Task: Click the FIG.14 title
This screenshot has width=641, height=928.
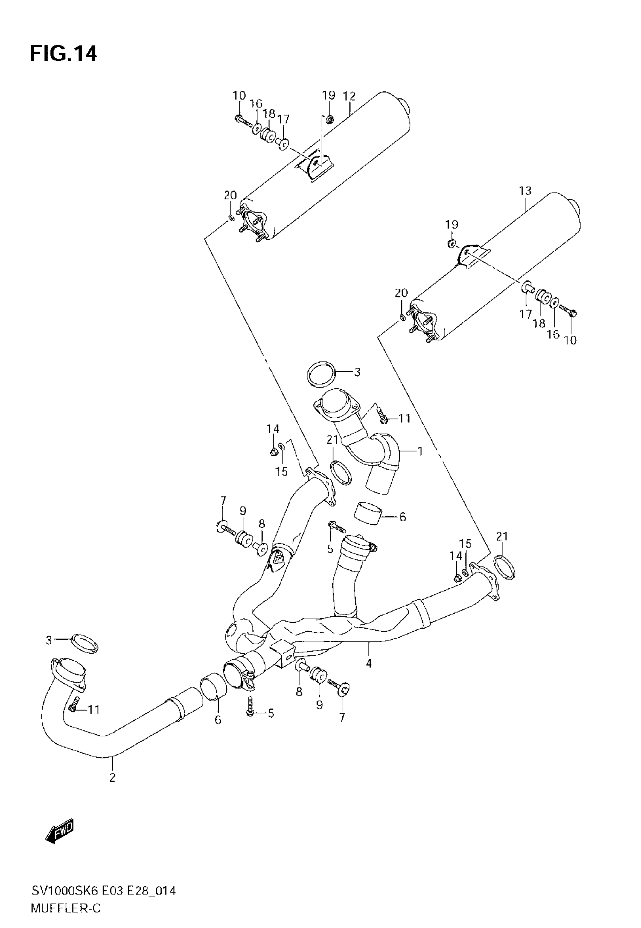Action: click(x=63, y=54)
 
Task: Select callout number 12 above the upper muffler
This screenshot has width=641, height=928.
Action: click(x=350, y=96)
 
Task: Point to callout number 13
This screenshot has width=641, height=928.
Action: click(x=525, y=191)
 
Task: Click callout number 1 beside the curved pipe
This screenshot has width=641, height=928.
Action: click(x=420, y=452)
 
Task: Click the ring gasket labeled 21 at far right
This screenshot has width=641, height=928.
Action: click(x=505, y=568)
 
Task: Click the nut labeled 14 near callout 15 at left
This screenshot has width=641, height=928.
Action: click(x=273, y=452)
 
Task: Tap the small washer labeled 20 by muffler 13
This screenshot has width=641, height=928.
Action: click(x=402, y=318)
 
